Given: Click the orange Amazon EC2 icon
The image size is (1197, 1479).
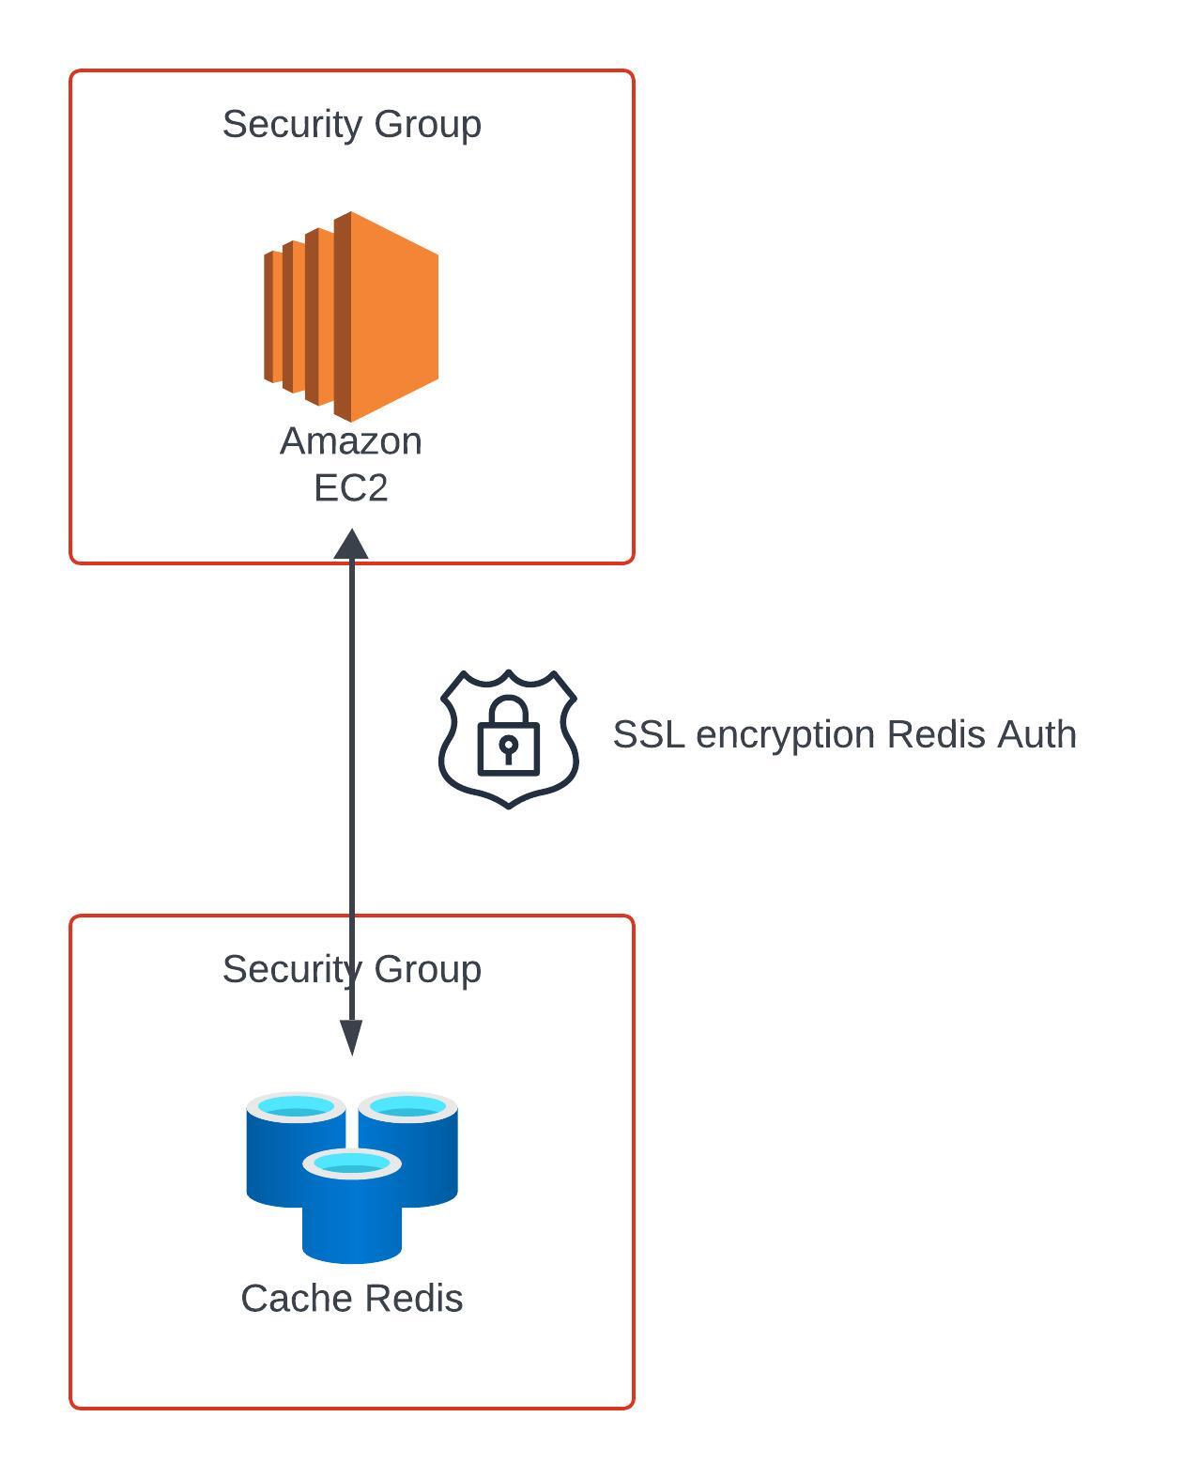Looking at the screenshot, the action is (350, 316).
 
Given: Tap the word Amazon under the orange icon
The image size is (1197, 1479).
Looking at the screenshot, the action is (350, 441).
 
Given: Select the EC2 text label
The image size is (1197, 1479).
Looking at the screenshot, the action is (350, 488).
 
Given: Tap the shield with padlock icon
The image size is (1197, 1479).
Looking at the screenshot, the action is (508, 739).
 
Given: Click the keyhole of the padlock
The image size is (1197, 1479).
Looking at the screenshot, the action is (508, 747).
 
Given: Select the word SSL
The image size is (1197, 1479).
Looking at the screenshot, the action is (649, 734).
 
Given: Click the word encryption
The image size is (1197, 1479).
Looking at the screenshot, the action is (786, 736).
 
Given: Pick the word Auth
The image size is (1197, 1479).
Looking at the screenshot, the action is (1036, 734).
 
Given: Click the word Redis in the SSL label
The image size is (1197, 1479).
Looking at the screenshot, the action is (936, 734).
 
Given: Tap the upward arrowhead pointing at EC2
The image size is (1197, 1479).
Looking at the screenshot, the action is (351, 544).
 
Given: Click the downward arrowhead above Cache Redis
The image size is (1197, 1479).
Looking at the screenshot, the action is (351, 1038).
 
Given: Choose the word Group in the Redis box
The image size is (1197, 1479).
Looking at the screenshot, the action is (428, 971).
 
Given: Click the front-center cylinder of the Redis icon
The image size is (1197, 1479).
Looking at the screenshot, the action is (351, 1206).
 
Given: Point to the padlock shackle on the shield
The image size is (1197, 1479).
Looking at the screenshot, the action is (508, 710).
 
